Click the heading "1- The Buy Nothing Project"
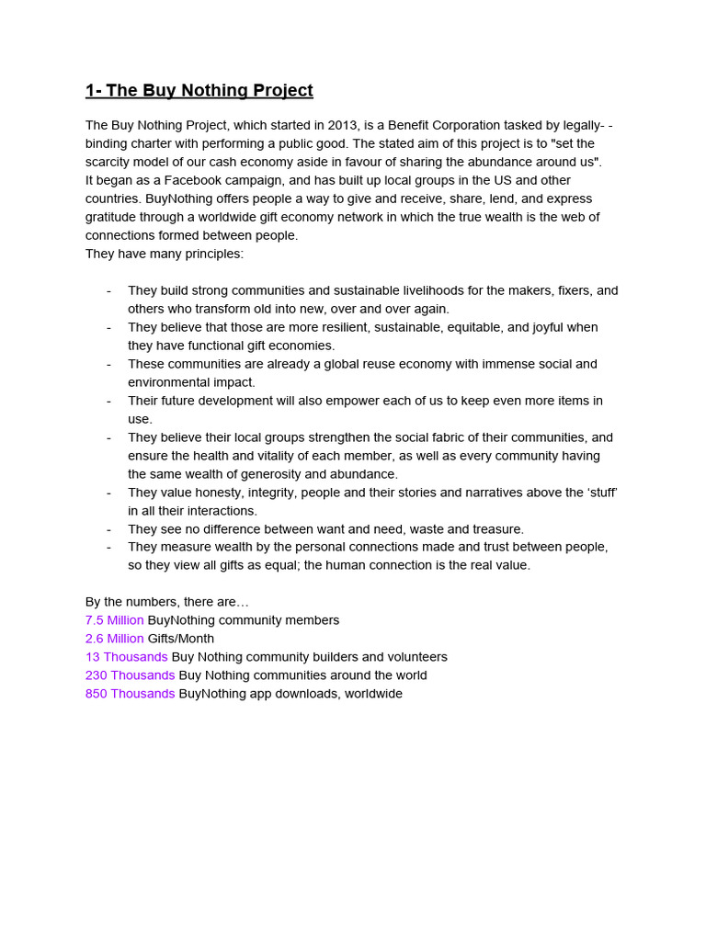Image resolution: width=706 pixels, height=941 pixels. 199,90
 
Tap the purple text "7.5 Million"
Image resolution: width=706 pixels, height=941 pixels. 115,620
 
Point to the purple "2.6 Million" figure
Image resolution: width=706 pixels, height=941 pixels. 115,639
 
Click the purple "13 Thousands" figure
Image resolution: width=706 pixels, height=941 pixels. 127,657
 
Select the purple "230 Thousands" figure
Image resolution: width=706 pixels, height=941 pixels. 131,675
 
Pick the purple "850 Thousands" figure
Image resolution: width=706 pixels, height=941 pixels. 131,694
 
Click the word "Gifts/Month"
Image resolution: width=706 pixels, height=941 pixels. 181,639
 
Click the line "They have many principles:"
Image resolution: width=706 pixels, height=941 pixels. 165,254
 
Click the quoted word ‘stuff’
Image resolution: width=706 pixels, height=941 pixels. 599,493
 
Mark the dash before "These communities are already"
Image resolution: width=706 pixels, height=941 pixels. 108,364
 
